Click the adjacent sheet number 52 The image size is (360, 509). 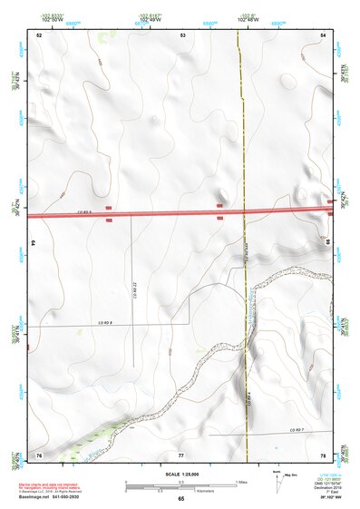coord(39,34)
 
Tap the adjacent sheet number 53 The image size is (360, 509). coord(182,34)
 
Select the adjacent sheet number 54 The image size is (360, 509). coord(324,34)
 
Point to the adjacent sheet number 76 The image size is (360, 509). coord(39,454)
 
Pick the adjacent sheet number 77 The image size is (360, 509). coord(181,454)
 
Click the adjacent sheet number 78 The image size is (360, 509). coord(324,454)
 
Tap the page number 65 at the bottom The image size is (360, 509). coord(181,499)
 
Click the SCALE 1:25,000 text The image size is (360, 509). coord(181,475)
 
